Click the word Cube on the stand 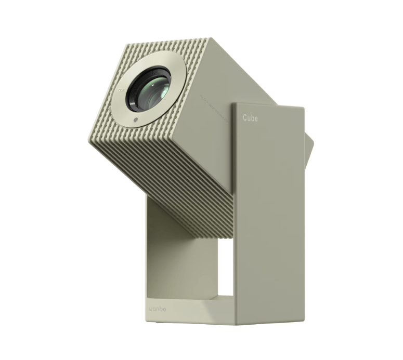click(x=250, y=118)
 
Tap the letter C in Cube click(x=245, y=118)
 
